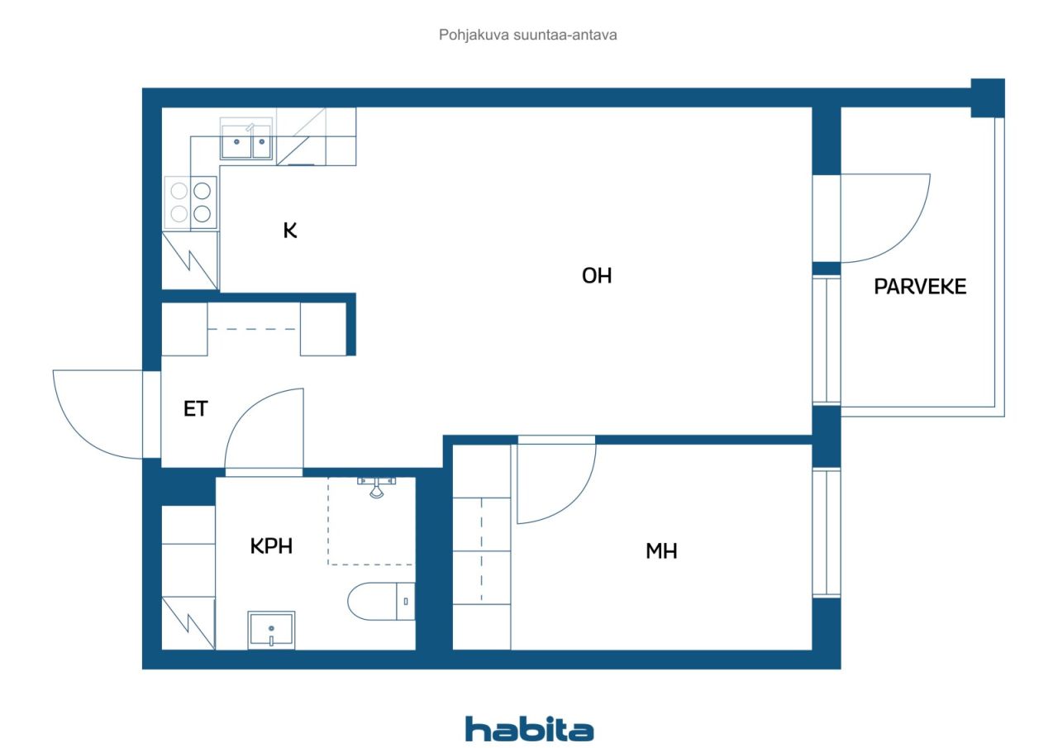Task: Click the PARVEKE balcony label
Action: [x=920, y=287]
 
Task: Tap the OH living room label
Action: [x=597, y=276]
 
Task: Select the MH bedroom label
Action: [x=661, y=551]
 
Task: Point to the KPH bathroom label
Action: [x=271, y=546]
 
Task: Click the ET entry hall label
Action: [x=195, y=408]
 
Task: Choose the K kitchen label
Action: [x=290, y=231]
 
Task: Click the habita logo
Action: [x=529, y=729]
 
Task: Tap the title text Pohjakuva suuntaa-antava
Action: [x=528, y=36]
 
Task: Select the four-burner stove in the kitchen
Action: [x=191, y=202]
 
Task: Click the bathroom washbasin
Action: [x=271, y=631]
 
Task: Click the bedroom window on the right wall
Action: [x=827, y=532]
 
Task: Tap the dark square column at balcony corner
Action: [x=987, y=98]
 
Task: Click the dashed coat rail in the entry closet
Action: [x=253, y=330]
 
